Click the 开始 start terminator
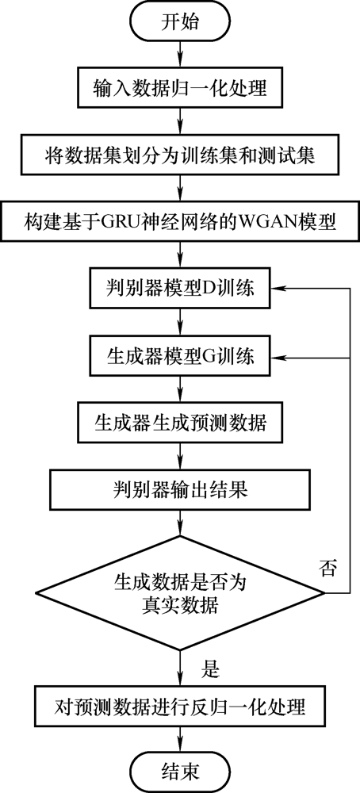click(x=180, y=22)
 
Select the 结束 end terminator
click(x=180, y=772)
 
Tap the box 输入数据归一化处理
click(x=180, y=89)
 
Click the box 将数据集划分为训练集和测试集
click(x=180, y=155)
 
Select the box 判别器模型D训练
click(x=180, y=289)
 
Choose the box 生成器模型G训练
click(x=180, y=357)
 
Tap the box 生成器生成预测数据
click(x=180, y=423)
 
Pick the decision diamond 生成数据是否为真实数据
click(x=180, y=592)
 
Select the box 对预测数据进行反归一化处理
click(x=180, y=706)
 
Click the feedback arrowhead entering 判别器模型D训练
click(x=277, y=289)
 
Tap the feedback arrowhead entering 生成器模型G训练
click(x=277, y=357)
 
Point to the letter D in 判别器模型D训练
click(x=209, y=289)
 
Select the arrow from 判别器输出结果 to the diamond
click(x=180, y=522)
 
